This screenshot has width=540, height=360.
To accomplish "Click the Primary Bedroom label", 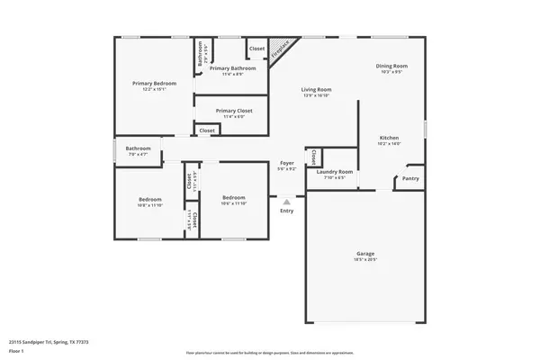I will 154,83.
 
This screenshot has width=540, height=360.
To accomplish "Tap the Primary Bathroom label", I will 232,67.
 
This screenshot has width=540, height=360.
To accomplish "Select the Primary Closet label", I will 233,111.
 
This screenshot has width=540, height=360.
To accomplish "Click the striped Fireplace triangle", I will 283,50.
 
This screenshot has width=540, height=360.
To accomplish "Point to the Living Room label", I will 316,89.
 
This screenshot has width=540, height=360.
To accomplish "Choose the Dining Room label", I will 391,66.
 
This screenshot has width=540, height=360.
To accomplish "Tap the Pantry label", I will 410,178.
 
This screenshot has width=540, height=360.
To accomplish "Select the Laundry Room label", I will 335,171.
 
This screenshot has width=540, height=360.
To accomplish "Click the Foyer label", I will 286,163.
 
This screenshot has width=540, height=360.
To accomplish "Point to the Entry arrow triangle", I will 286,202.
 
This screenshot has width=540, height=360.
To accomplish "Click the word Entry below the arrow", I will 286,211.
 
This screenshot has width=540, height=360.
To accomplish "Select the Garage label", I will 364,254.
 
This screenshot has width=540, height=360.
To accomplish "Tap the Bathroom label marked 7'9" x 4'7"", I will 138,148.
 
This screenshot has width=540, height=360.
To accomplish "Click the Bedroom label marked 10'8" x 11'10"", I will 149,199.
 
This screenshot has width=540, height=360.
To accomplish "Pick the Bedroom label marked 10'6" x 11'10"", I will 234,199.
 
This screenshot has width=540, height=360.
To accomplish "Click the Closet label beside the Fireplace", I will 256,48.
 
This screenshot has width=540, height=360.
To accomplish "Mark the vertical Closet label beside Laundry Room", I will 312,157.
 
